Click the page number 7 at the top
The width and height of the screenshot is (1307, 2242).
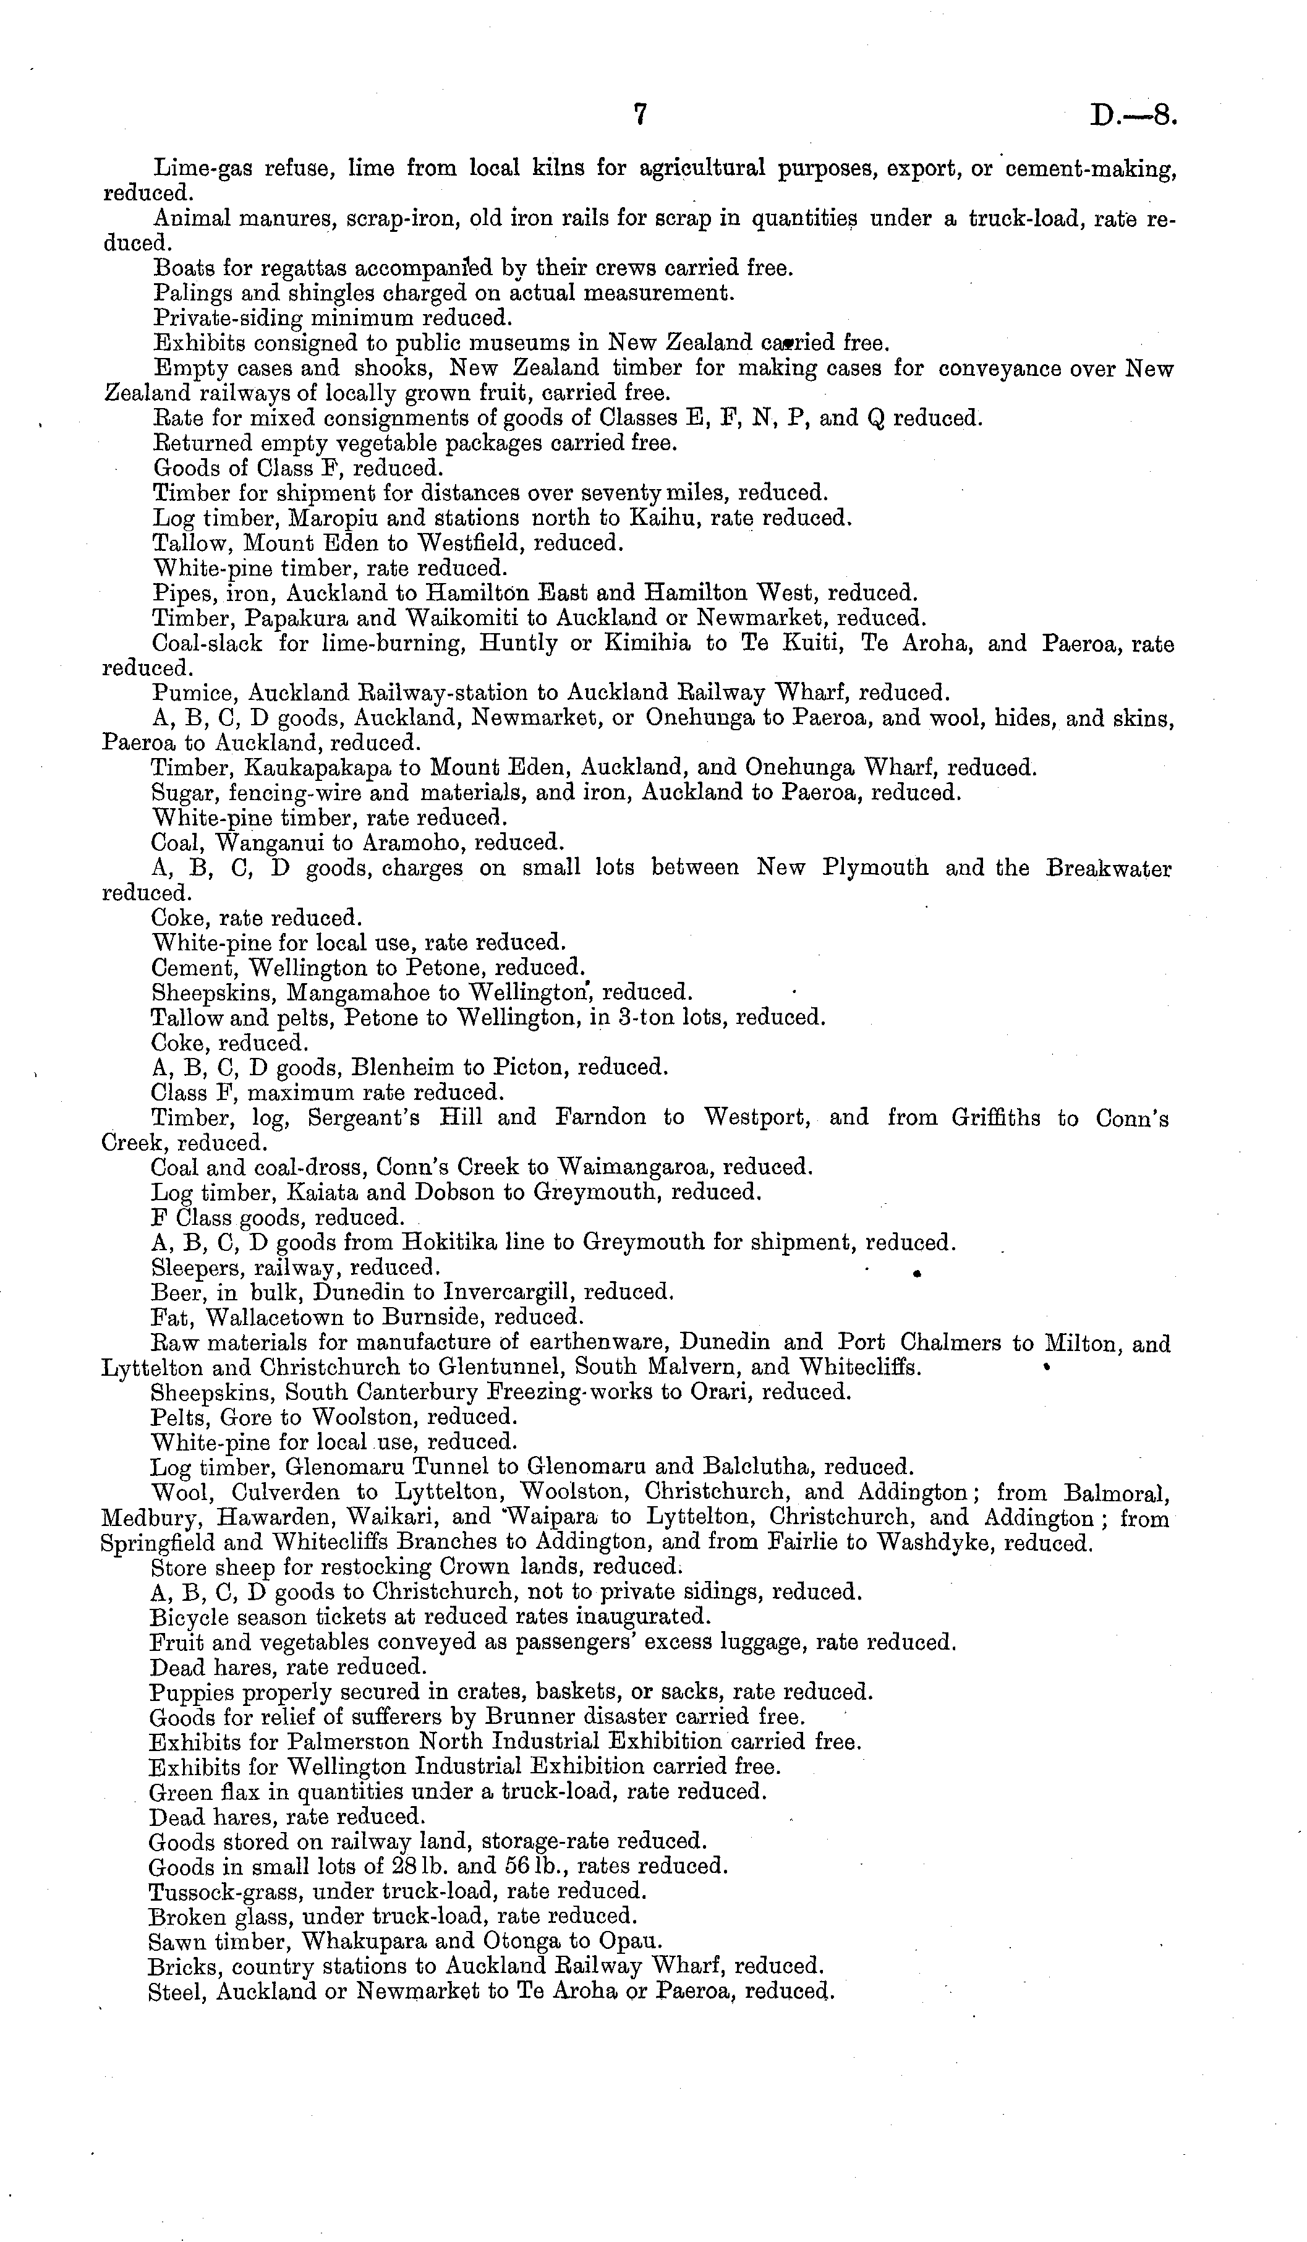[639, 116]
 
